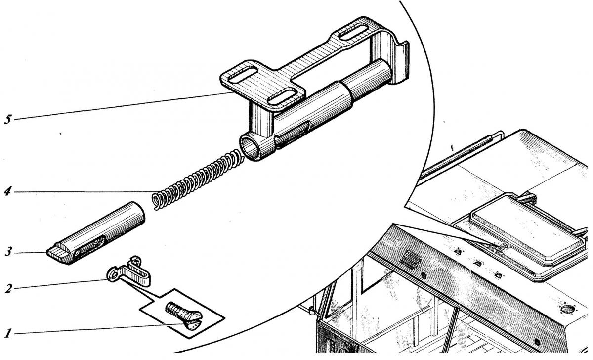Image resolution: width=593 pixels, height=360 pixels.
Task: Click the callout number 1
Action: click(x=8, y=333)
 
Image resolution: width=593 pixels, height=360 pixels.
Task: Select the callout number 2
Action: click(x=8, y=288)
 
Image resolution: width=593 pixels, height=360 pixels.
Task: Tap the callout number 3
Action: click(x=8, y=252)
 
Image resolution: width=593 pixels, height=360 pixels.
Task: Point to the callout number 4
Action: click(x=7, y=191)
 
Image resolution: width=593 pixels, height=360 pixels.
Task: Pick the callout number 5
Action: click(x=8, y=120)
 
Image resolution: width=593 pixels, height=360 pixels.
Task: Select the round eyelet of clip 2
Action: click(x=113, y=275)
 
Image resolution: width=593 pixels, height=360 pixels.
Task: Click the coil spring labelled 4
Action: click(x=197, y=180)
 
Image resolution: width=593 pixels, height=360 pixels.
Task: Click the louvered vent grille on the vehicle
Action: click(x=411, y=260)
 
